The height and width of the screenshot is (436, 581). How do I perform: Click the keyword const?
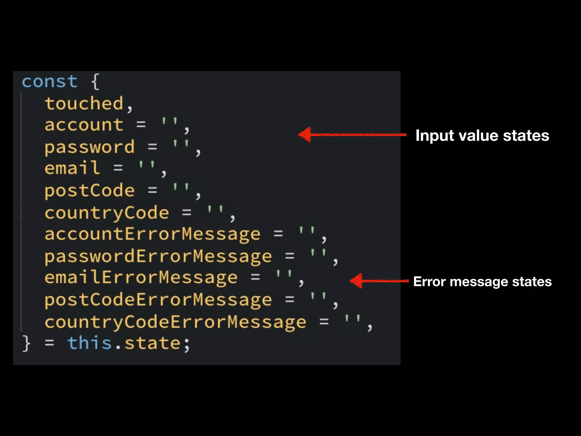(50, 82)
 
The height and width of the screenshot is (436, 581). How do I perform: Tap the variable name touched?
(84, 103)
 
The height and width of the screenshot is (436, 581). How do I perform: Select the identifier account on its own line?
(84, 125)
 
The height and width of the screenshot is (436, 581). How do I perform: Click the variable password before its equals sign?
(90, 147)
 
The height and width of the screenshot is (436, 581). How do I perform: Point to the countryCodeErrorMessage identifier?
(175, 322)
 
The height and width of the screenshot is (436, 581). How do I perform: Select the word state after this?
(153, 343)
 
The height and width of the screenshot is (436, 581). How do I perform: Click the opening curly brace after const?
(96, 82)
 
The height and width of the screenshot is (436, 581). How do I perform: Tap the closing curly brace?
(26, 343)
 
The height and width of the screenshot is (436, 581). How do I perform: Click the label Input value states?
(482, 135)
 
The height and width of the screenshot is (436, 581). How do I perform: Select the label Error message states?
(482, 282)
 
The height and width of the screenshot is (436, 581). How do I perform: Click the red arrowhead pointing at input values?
(305, 135)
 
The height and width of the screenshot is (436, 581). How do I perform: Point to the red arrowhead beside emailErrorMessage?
(356, 281)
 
